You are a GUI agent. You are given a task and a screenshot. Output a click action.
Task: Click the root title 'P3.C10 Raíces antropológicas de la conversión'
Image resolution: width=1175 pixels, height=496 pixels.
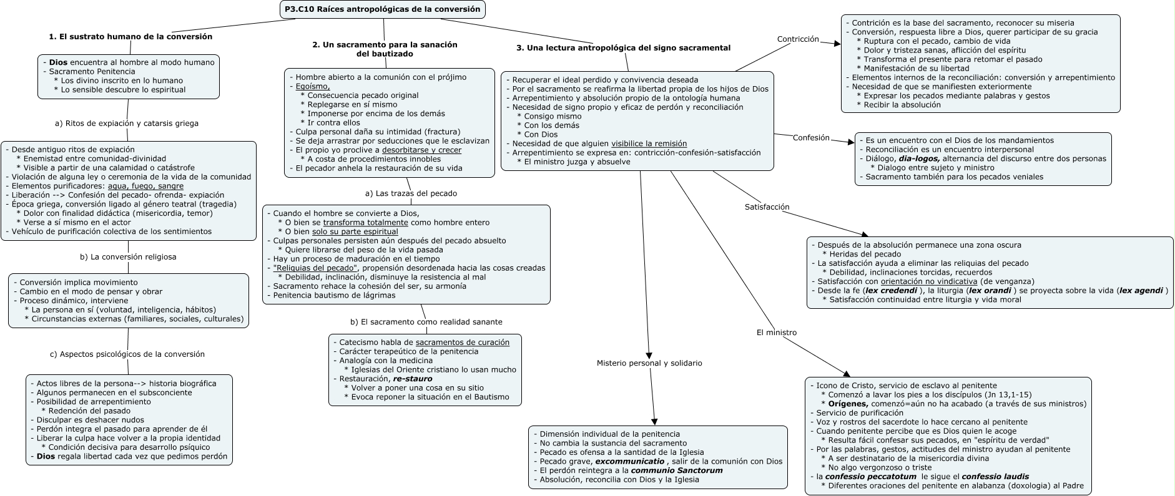[382, 9]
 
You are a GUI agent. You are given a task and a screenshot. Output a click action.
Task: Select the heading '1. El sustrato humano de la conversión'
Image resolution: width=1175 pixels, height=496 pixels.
[130, 37]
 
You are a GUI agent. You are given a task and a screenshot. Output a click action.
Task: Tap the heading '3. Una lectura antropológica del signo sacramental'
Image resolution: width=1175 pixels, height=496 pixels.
[623, 48]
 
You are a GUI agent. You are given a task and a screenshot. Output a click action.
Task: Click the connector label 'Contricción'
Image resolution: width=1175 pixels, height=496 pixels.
[797, 39]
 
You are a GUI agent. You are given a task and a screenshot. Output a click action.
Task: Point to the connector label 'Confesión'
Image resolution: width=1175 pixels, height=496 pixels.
[811, 138]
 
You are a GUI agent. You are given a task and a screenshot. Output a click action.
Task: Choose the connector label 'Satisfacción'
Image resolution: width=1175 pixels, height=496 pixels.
[767, 207]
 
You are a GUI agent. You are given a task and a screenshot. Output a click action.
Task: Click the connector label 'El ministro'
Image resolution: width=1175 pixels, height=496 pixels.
[776, 333]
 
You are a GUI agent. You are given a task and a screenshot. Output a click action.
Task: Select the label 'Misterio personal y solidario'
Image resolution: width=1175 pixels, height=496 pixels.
[649, 363]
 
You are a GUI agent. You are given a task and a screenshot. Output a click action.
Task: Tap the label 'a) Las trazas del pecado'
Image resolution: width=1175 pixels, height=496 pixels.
[411, 193]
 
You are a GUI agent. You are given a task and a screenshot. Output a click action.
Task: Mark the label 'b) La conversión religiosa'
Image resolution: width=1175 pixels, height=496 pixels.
[128, 257]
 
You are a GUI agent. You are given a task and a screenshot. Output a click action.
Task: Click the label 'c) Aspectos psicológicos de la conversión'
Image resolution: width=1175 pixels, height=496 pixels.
[127, 354]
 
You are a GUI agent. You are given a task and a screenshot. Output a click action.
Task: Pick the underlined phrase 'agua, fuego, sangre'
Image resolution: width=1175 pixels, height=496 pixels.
[145, 186]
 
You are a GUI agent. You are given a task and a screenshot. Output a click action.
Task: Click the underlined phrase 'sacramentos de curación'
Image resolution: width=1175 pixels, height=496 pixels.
[463, 343]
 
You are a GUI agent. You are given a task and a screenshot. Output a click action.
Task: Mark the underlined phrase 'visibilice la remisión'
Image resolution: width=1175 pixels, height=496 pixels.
[649, 143]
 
